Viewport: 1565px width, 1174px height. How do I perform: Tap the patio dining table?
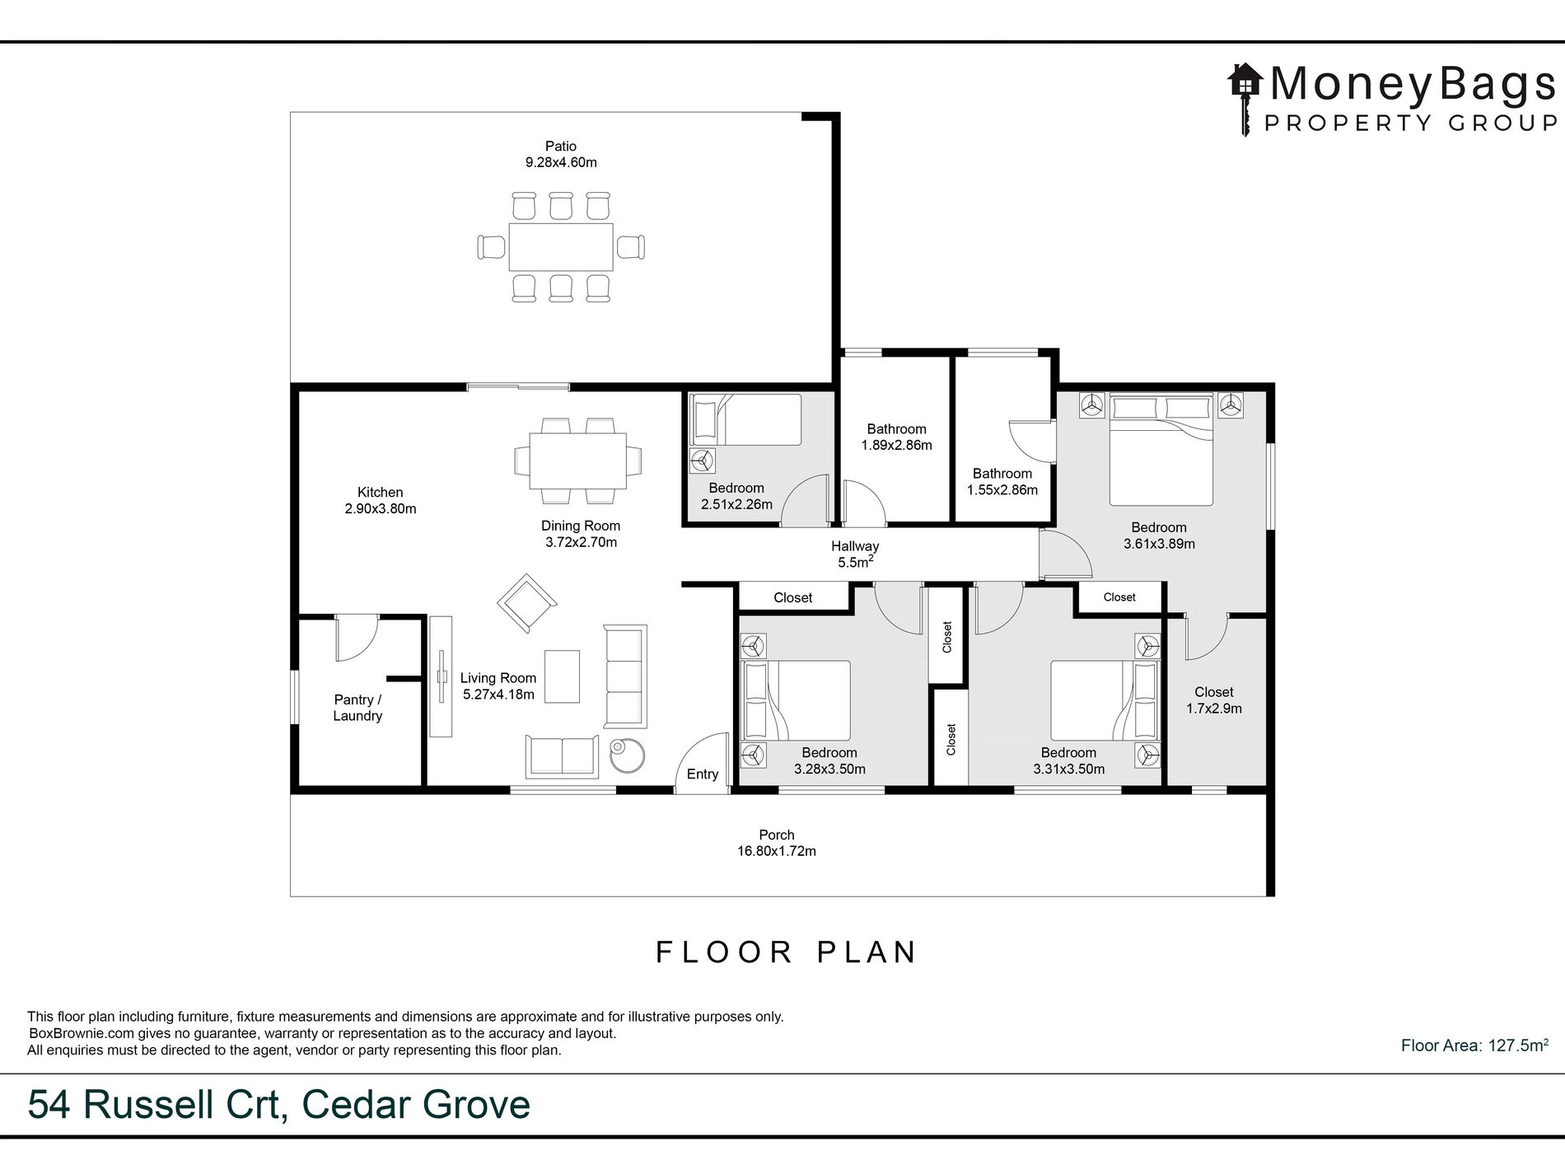[x=561, y=246]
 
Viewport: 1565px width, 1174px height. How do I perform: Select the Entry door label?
[x=703, y=774]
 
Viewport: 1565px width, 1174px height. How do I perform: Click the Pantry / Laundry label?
[x=357, y=708]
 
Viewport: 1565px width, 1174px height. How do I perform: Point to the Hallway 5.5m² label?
[x=855, y=554]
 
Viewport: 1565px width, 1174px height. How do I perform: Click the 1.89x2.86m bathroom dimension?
[x=896, y=446]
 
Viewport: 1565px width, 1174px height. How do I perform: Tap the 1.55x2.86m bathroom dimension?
[x=1002, y=490]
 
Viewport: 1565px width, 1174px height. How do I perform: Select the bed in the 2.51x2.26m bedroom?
[x=746, y=420]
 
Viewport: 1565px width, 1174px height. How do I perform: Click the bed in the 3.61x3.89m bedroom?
[x=1161, y=449]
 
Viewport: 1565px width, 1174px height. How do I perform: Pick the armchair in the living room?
[x=526, y=604]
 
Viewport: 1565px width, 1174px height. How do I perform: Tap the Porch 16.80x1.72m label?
[x=777, y=843]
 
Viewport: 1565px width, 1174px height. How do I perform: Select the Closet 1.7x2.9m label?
[x=1214, y=700]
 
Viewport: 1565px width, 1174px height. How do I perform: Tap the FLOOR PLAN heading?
[x=786, y=952]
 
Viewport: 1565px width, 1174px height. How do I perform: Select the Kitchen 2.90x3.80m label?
[x=381, y=501]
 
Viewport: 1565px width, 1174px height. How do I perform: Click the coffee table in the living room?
[x=563, y=676]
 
